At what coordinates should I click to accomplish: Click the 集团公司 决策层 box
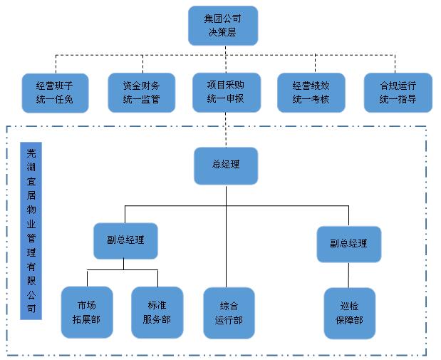(x=222, y=26)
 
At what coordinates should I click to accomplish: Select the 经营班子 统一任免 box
(x=55, y=93)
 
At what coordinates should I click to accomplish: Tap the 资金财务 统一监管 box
(x=142, y=93)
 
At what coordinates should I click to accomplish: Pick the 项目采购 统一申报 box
(x=226, y=92)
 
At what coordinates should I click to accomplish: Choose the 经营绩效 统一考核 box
(x=311, y=93)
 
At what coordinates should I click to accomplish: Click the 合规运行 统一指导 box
(x=398, y=93)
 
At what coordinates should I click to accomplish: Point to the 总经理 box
(x=226, y=165)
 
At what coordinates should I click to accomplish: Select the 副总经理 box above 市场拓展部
(x=125, y=240)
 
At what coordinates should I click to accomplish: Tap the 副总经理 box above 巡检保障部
(x=348, y=244)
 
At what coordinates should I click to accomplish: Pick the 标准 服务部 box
(x=157, y=312)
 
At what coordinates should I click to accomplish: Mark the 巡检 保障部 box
(x=348, y=312)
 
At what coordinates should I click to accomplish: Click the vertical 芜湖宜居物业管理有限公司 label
(x=31, y=231)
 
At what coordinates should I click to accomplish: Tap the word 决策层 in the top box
(x=222, y=33)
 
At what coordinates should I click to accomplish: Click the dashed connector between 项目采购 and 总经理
(x=226, y=130)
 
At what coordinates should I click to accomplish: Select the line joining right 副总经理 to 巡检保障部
(x=348, y=274)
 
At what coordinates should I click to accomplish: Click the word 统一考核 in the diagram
(x=311, y=100)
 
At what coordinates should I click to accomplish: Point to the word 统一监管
(x=142, y=100)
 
